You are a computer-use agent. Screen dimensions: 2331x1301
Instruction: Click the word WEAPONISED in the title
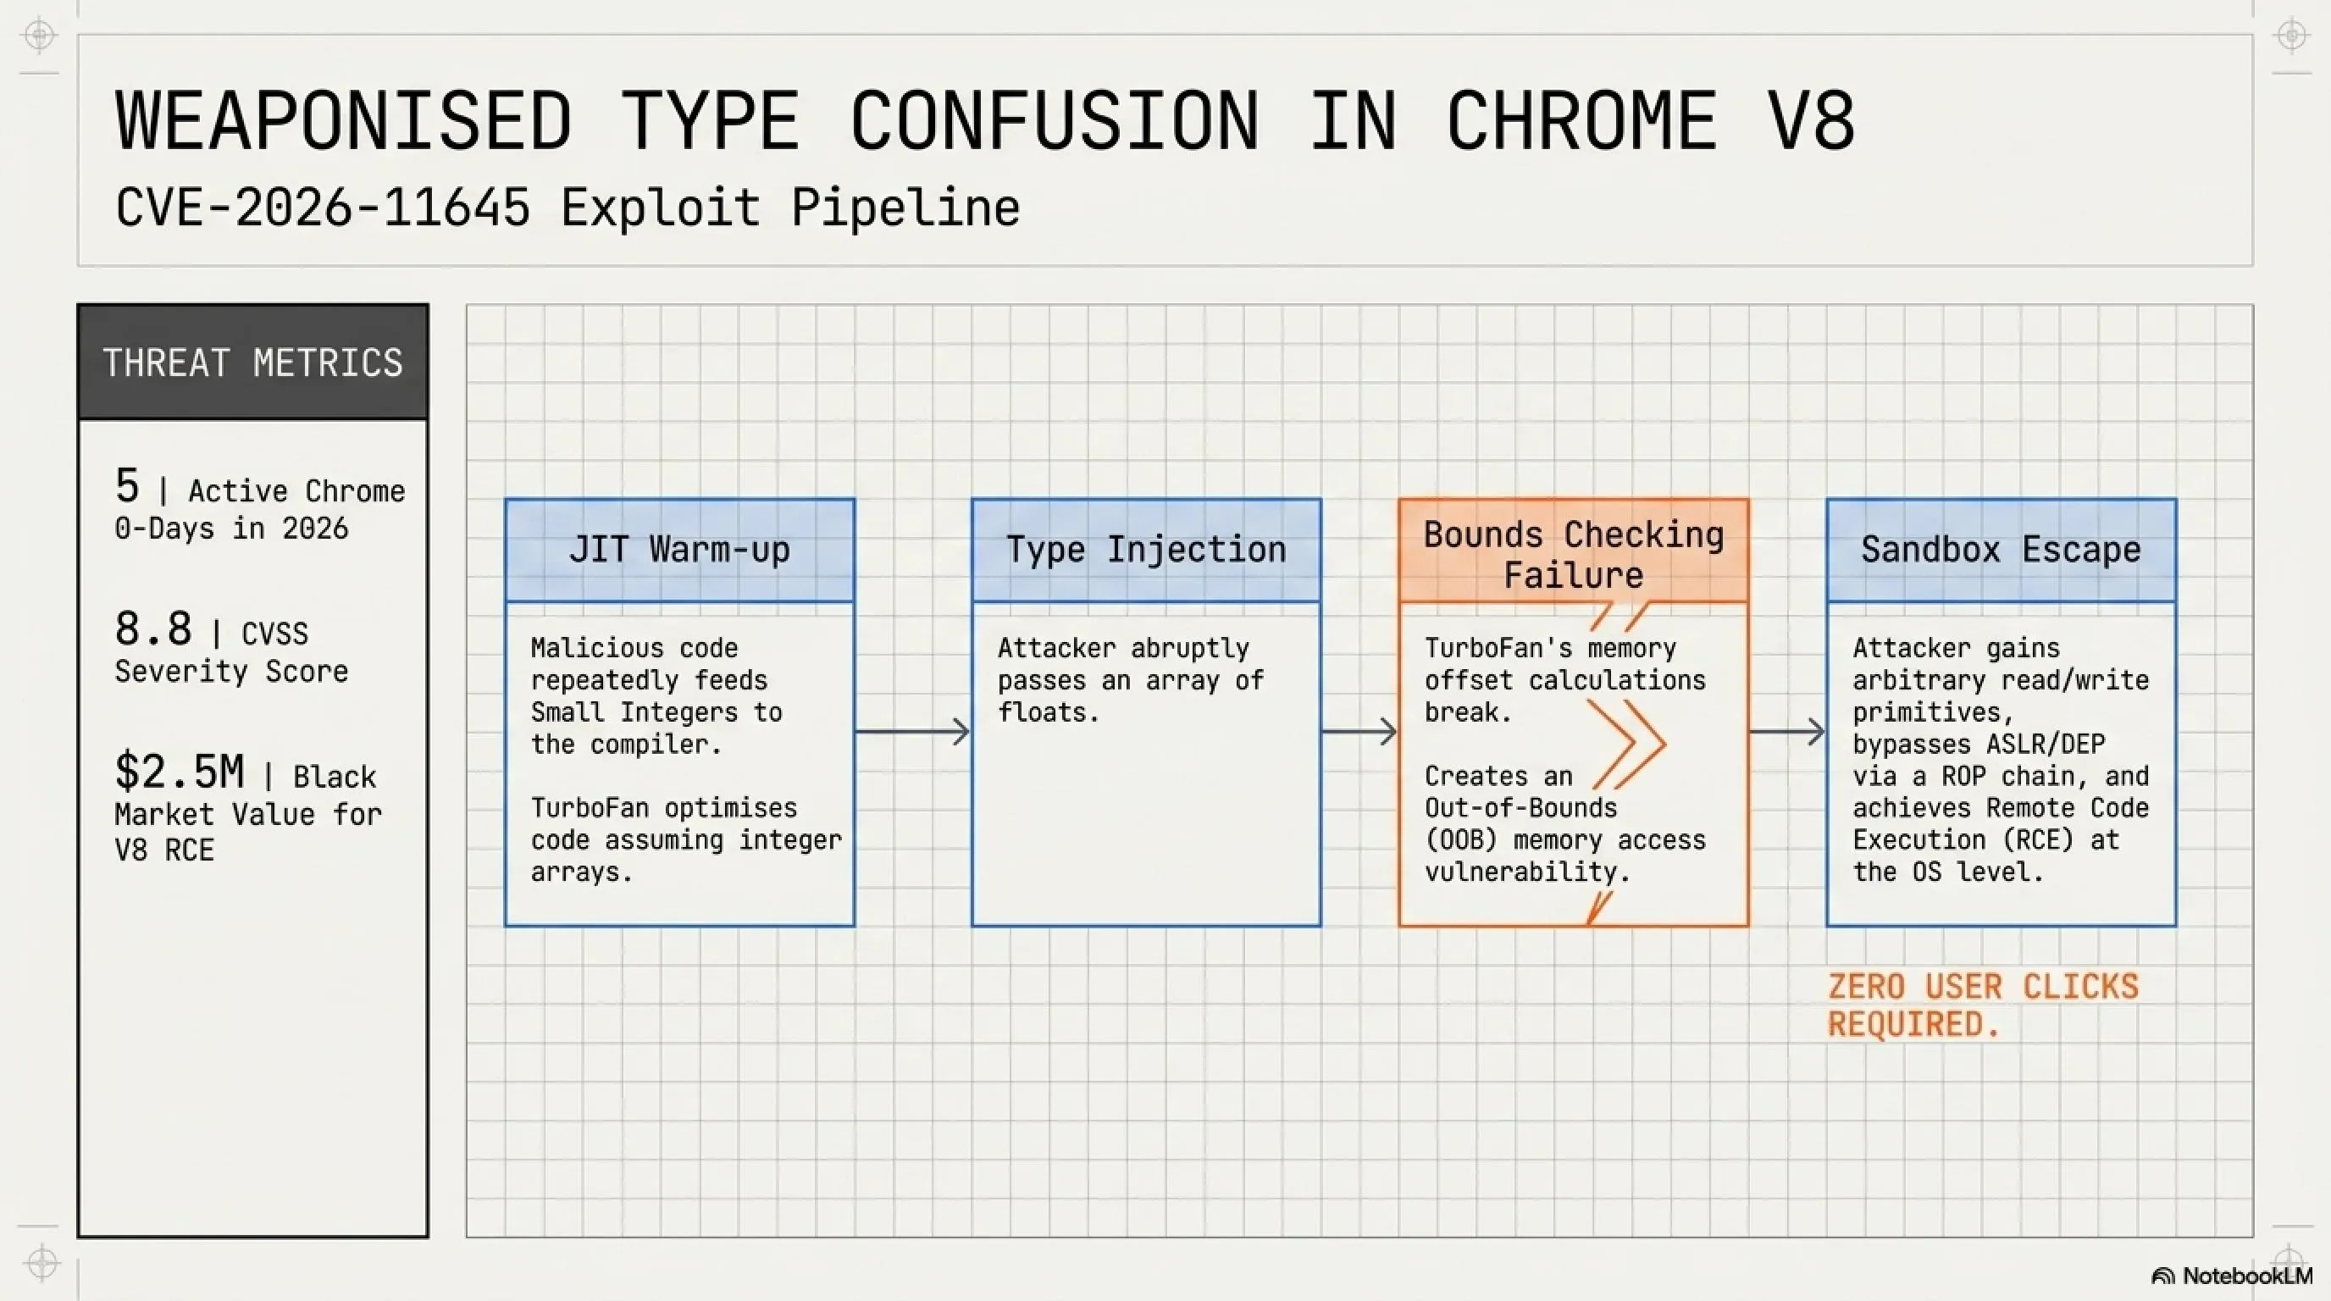coord(344,120)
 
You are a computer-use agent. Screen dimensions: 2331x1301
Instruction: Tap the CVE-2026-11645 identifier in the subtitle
coord(322,208)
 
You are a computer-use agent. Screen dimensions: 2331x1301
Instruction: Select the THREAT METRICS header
coord(252,363)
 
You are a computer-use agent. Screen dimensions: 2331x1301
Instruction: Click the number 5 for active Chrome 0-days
coord(128,486)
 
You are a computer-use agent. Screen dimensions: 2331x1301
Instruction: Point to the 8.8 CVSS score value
coord(154,628)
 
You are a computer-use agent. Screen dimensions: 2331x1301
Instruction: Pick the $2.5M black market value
coord(180,772)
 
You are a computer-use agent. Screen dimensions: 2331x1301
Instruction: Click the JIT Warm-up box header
coord(679,550)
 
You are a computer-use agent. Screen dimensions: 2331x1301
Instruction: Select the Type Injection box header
coord(1147,550)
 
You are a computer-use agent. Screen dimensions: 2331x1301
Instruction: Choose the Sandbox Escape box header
coord(2002,550)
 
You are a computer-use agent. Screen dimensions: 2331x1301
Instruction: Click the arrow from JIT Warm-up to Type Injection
coord(912,731)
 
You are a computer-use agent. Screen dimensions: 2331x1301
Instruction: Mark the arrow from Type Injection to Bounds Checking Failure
coord(1359,731)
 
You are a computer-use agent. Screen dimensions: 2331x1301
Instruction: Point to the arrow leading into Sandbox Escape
coord(1787,731)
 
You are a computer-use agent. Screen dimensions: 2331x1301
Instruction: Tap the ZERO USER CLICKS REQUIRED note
coord(1984,1005)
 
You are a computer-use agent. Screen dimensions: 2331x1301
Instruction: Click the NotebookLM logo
coord(2231,1276)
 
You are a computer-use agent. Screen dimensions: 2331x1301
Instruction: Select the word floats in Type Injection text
coord(1049,713)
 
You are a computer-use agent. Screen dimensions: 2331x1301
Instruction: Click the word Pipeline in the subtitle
coord(905,209)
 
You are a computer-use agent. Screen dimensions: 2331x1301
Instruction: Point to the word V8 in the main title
coord(1811,120)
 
